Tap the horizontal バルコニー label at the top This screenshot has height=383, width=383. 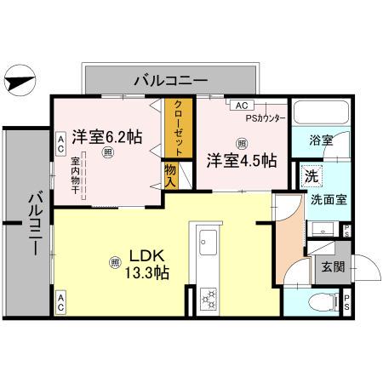click(170, 81)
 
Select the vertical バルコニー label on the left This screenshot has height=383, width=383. click(35, 224)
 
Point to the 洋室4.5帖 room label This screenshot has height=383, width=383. click(241, 159)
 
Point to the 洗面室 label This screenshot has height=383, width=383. click(327, 201)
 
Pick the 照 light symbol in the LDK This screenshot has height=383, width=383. click(114, 262)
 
